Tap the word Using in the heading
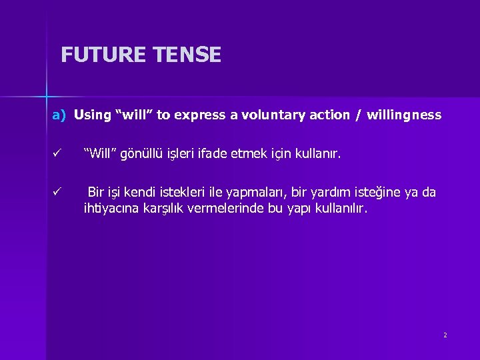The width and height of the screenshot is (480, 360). click(x=93, y=115)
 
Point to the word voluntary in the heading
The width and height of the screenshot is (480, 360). click(x=279, y=115)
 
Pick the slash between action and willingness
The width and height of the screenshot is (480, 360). click(x=359, y=115)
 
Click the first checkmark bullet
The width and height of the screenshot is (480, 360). click(x=58, y=155)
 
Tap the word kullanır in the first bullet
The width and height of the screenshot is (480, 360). click(x=318, y=155)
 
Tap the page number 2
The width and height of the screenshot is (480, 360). click(x=445, y=335)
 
